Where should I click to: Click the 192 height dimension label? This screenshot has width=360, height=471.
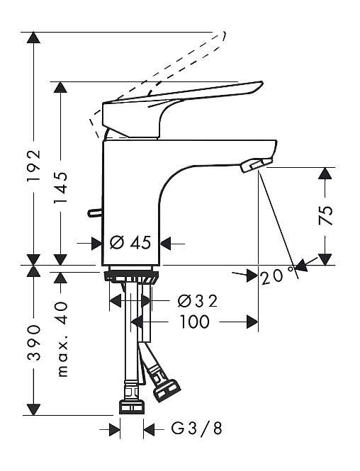tap(33, 165)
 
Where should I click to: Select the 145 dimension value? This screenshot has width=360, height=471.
tap(60, 188)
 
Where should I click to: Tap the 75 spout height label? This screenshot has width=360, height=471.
tap(326, 215)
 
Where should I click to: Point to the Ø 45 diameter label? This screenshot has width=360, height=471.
tap(130, 242)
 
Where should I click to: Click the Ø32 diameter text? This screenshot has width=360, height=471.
tap(197, 301)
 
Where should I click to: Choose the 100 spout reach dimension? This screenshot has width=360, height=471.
tap(195, 322)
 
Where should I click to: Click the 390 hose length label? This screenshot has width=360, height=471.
tap(33, 342)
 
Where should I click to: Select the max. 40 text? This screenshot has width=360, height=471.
tap(62, 339)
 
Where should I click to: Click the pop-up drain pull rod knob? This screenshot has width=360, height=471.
tap(95, 212)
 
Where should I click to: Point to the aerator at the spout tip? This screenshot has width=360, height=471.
tap(256, 165)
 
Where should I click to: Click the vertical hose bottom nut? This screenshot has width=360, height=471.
tap(132, 407)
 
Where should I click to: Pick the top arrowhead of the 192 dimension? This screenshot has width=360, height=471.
tap(33, 38)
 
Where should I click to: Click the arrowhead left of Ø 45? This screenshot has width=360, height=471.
tap(97, 243)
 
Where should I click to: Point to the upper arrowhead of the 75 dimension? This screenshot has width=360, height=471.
tap(326, 174)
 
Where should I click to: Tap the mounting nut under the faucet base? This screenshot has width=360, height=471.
tap(131, 277)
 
